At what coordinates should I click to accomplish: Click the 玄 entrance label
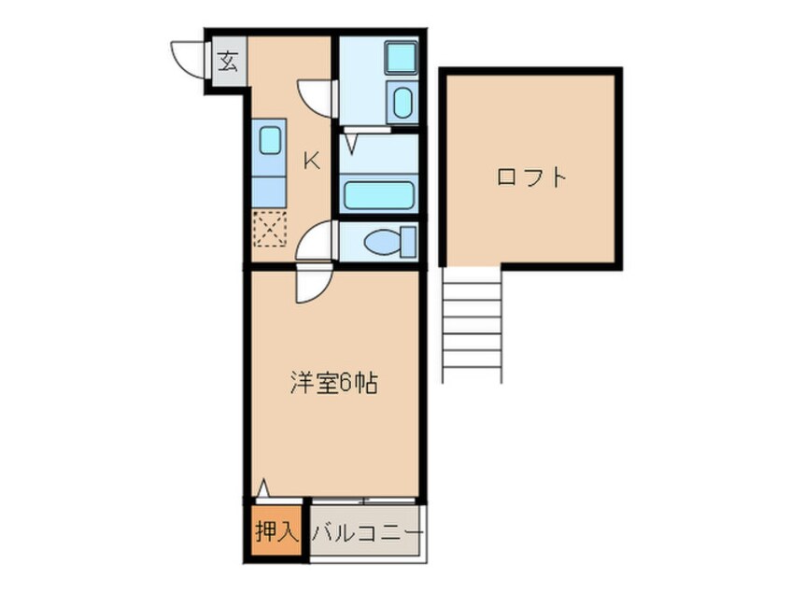pos(228,62)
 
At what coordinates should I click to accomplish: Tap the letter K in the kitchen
pos(312,161)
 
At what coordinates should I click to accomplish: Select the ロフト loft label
pos(531,177)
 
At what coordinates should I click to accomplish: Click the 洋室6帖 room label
pos(333,384)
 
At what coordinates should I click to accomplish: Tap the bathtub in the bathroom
pos(379,194)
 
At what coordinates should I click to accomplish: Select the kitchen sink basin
pos(270,140)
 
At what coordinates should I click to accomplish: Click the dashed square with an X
pos(270,229)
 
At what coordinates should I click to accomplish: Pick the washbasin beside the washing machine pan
pos(402,102)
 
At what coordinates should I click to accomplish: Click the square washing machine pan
pos(401,58)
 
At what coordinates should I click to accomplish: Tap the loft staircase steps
pos(473,325)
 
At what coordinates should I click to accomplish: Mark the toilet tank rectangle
pos(408,242)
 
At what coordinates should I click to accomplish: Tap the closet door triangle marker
pos(262,488)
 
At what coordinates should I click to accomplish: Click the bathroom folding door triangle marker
pos(352,144)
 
